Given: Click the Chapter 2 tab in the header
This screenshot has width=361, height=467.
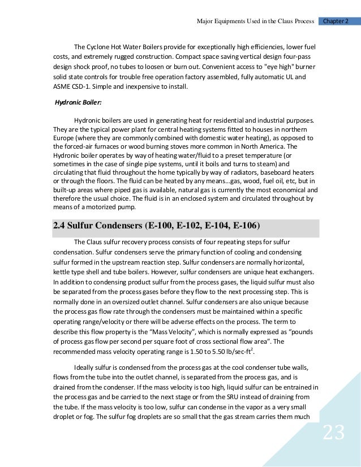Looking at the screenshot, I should (339, 21).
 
